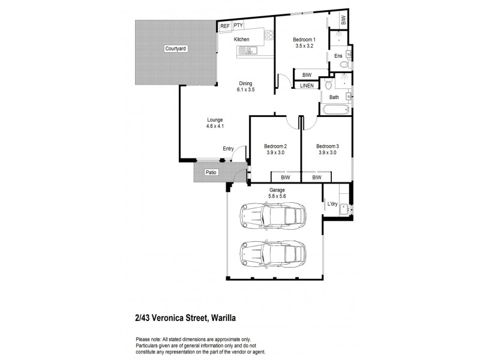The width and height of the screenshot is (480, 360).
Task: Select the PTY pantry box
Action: tap(238, 25)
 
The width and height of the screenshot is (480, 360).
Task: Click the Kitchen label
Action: tap(242, 40)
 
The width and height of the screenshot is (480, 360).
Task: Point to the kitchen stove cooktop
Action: tap(262, 35)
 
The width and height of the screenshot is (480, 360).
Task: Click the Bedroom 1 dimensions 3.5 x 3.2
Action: tap(304, 46)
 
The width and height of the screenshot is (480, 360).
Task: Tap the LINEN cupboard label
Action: tap(307, 86)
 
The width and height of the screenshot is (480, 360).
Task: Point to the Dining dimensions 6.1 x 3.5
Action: tap(246, 90)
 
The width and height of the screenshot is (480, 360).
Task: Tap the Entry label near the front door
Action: tap(228, 148)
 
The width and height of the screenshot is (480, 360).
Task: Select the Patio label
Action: tap(210, 173)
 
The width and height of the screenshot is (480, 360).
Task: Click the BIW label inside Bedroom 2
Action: tap(285, 178)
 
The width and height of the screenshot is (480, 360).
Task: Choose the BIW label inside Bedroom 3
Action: tap(316, 178)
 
